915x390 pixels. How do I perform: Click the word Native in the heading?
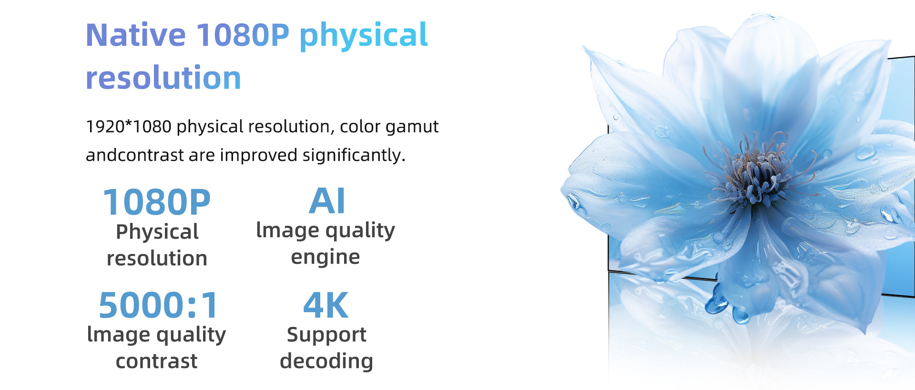[136, 35]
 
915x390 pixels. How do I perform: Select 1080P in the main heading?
[243, 35]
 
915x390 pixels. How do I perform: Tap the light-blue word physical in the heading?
[364, 36]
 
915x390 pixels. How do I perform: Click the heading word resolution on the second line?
[163, 78]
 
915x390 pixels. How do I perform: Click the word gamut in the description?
[412, 127]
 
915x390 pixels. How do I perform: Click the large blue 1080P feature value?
[157, 202]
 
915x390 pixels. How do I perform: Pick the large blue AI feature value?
[327, 201]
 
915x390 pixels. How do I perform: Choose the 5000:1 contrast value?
[158, 305]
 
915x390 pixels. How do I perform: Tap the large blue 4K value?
[326, 305]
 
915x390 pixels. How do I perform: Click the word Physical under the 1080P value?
[157, 232]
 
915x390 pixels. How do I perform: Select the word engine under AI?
[325, 258]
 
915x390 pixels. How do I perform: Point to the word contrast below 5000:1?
[157, 361]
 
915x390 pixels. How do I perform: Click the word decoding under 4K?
[326, 361]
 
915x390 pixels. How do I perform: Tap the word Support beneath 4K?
[326, 335]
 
